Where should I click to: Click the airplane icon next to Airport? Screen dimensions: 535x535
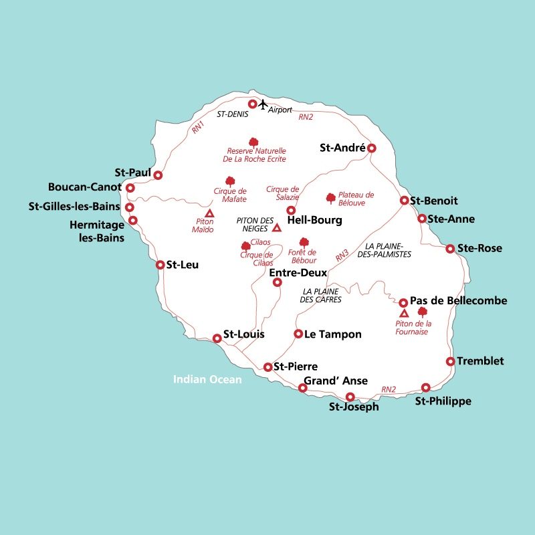pyautogui.click(x=263, y=104)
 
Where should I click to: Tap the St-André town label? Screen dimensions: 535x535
pyautogui.click(x=342, y=148)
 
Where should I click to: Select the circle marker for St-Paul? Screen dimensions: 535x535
pyautogui.click(x=158, y=175)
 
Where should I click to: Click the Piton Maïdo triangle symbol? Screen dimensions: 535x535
pyautogui.click(x=209, y=213)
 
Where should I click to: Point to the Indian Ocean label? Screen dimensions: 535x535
pyautogui.click(x=207, y=379)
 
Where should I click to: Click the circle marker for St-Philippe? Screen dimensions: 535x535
pyautogui.click(x=426, y=387)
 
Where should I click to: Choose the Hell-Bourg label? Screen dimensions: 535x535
pyautogui.click(x=314, y=220)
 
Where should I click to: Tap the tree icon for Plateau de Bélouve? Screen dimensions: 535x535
pyautogui.click(x=330, y=198)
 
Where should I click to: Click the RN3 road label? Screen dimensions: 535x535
pyautogui.click(x=342, y=255)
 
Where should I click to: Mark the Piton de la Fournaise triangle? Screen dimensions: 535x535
pyautogui.click(x=403, y=313)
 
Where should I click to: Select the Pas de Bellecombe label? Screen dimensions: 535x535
pyautogui.click(x=459, y=301)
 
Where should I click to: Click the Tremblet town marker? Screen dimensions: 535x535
pyautogui.click(x=451, y=361)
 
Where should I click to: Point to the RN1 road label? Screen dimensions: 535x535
pyautogui.click(x=197, y=127)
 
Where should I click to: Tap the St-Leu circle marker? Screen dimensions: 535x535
pyautogui.click(x=160, y=265)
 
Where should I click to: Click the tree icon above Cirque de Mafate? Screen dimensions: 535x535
pyautogui.click(x=230, y=181)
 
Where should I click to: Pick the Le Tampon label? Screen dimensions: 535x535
pyautogui.click(x=332, y=334)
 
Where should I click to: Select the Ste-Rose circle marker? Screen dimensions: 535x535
pyautogui.click(x=450, y=249)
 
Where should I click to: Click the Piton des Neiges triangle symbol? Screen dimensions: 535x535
pyautogui.click(x=277, y=228)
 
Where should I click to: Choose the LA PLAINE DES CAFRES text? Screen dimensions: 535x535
pyautogui.click(x=322, y=296)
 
